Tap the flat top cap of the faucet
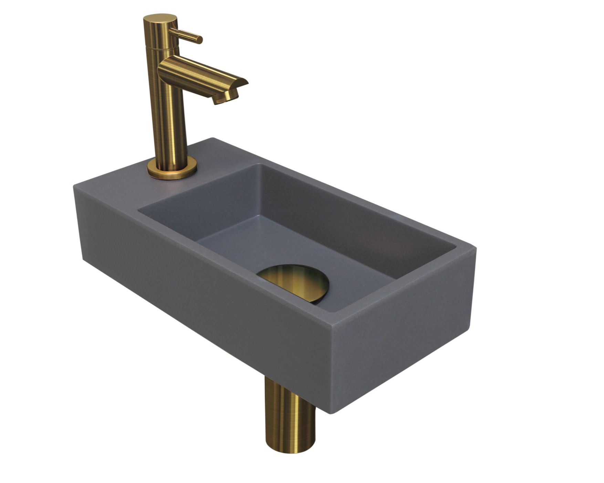(x=160, y=18)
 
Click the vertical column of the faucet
(x=167, y=114)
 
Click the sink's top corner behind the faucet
(x=214, y=138)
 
